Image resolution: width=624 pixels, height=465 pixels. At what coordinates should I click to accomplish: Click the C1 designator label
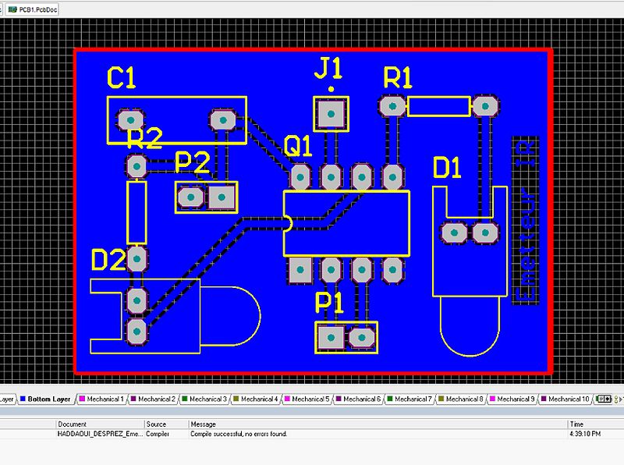122,78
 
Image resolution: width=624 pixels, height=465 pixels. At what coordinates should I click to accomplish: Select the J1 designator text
328,69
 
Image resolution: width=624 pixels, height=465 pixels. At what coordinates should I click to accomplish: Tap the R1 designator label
398,78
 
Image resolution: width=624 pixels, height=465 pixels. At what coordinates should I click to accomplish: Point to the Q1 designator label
298,146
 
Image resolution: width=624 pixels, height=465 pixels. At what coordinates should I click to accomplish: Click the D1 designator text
448,168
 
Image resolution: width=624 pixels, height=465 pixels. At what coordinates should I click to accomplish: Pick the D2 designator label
108,260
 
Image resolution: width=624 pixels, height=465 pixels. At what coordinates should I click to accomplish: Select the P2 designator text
192,163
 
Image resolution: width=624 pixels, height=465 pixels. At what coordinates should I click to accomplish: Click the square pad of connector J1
331,115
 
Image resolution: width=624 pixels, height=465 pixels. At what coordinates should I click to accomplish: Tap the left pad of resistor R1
392,105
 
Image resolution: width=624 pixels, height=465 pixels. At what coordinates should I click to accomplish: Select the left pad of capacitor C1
129,120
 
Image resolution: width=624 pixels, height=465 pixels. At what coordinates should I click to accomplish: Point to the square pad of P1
331,337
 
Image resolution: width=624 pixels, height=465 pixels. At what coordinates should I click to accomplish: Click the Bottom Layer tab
48,399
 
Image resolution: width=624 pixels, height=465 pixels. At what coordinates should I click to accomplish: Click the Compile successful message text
239,433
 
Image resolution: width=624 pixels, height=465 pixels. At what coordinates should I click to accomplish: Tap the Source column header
156,424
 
